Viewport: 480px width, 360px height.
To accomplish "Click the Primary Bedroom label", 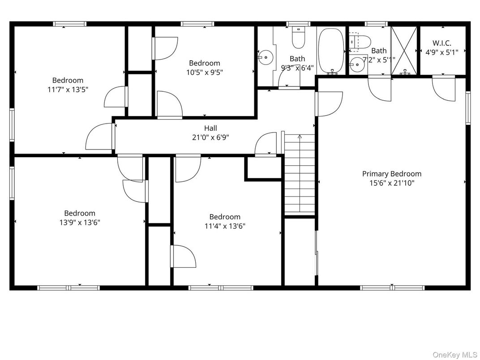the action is pos(391,174).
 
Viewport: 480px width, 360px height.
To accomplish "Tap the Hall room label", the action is pos(210,128).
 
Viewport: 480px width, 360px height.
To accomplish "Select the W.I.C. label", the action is pos(442,43).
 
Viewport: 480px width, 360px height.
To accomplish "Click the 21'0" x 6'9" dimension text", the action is pos(210,137).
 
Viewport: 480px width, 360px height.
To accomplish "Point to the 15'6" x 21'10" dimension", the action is pos(391,183).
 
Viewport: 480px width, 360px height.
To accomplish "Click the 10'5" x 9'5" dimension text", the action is pos(205,73).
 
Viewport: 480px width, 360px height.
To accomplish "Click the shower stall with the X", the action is pos(404,51).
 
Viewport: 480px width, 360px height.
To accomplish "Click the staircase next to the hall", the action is pos(300,175).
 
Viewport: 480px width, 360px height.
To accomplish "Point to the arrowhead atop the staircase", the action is pos(300,136).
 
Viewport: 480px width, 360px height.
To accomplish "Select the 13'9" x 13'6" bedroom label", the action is pos(80,213).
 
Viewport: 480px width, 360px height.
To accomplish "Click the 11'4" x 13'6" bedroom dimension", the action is pos(225,226).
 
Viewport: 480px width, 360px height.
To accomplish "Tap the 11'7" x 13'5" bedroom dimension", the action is pos(68,90).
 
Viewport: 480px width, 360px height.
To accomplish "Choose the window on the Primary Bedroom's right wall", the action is pos(468,108).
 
